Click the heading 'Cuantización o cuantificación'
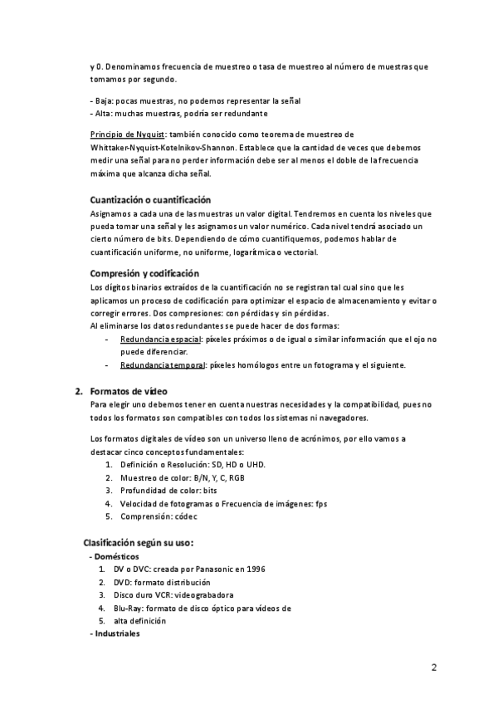(x=149, y=200)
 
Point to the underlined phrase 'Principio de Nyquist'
(x=127, y=134)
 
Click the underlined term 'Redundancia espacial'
(x=160, y=340)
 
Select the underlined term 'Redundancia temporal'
(x=162, y=365)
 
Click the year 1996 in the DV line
(x=256, y=569)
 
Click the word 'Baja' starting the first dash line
(x=103, y=100)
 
